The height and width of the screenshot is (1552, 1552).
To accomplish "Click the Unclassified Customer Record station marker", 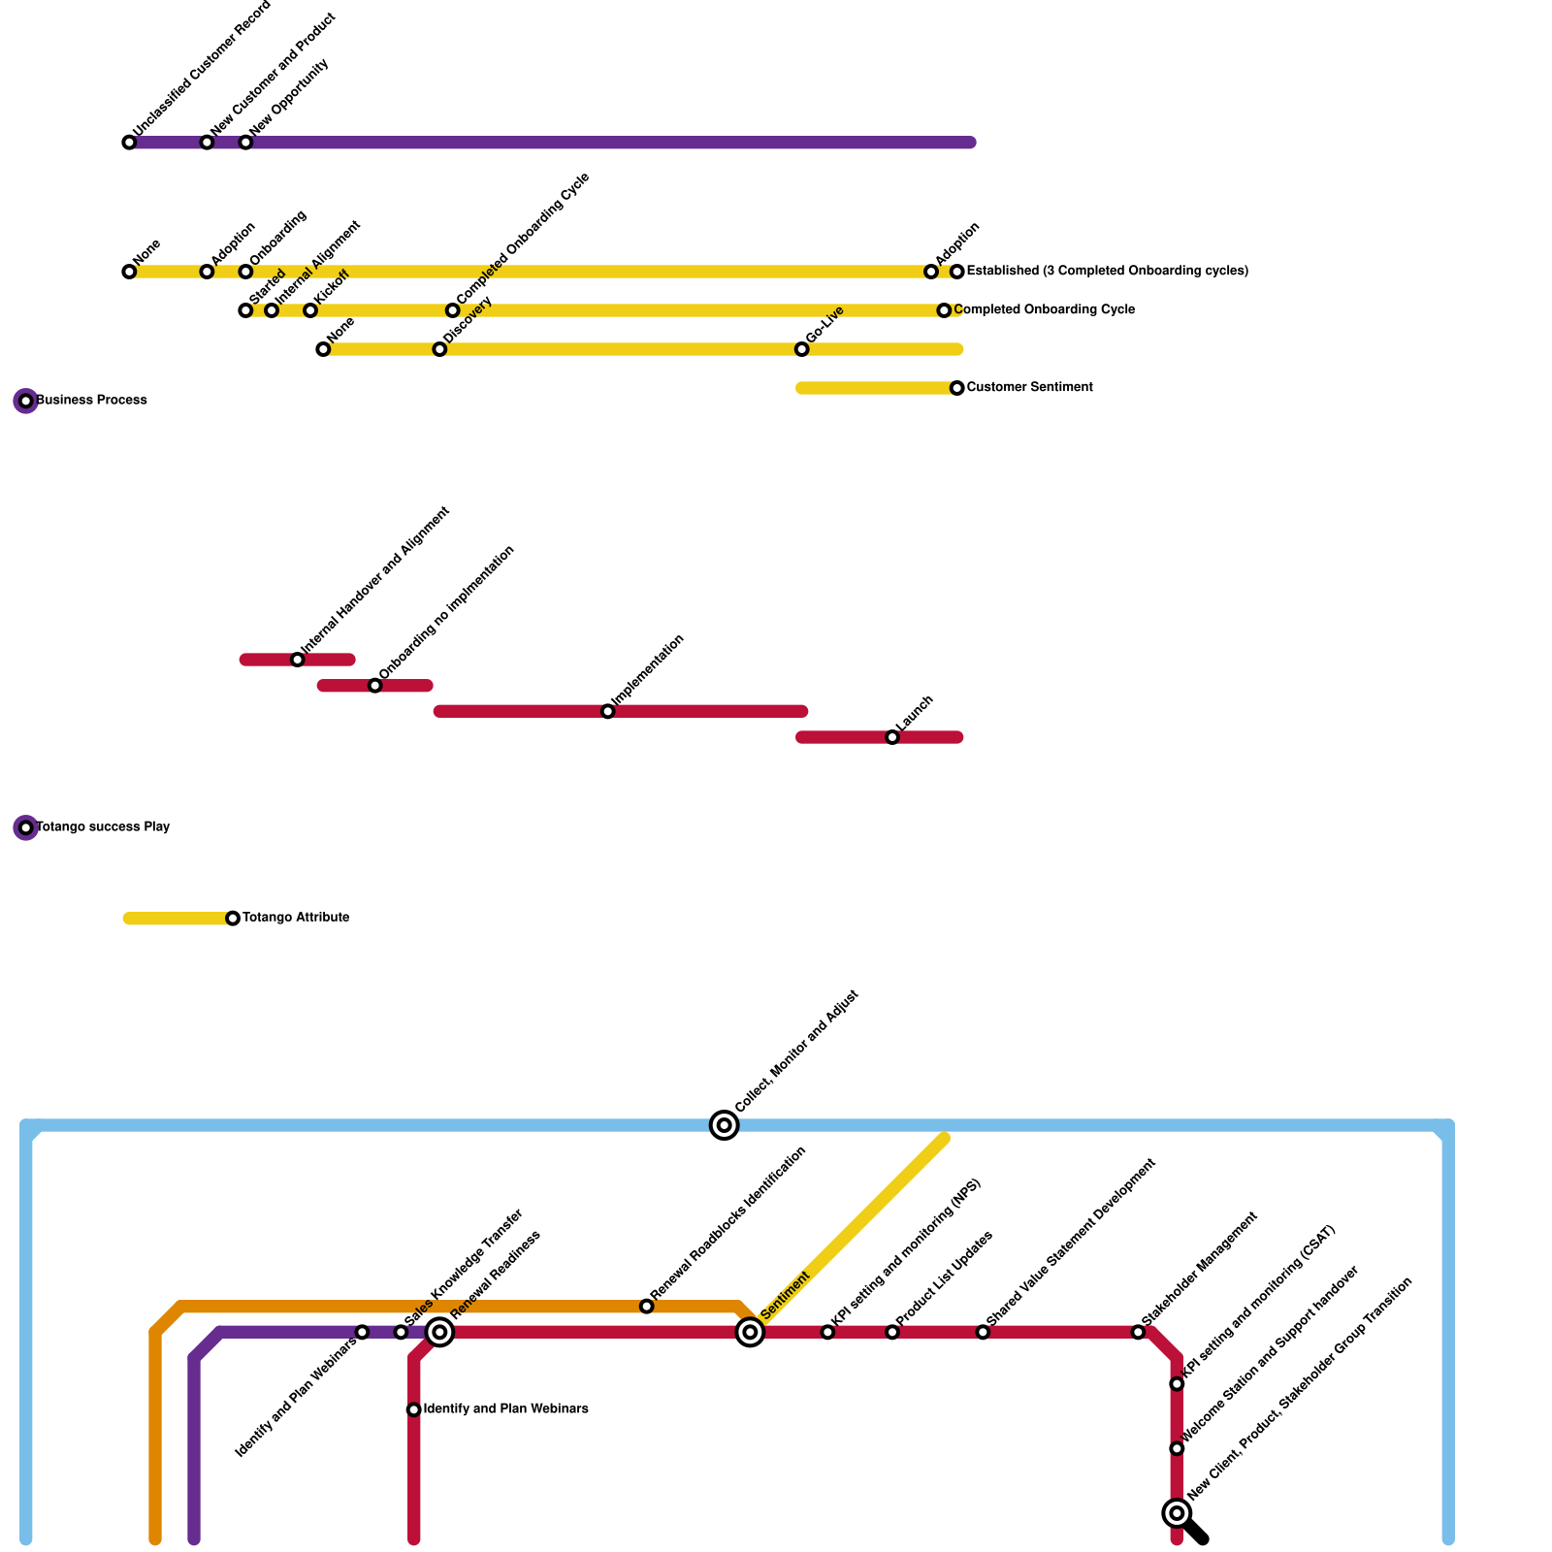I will coord(129,143).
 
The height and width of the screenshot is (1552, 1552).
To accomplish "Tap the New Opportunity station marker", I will coord(245,143).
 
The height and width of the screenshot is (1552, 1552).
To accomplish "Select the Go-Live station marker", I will coord(801,349).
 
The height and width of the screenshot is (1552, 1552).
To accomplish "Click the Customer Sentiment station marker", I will coord(957,388).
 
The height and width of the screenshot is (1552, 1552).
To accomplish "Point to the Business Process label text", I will coord(92,401).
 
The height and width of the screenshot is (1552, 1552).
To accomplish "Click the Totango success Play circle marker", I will coord(26,827).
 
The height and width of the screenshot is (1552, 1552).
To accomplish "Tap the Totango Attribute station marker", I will coord(233,918).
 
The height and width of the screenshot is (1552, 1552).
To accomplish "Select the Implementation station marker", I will coord(607,712).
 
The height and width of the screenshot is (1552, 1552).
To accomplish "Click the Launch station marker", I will coord(892,737).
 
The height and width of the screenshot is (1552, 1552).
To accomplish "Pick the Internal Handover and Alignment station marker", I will coord(298,660).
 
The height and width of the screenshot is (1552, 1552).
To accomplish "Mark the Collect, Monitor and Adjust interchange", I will coord(724,1125).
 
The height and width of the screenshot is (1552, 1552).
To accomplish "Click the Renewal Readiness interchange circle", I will coord(440,1332).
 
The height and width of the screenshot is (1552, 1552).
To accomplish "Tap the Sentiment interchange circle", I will coord(750,1332).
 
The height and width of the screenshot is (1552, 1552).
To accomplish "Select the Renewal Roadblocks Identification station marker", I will coord(647,1307).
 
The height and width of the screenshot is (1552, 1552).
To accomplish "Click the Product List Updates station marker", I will coord(892,1332).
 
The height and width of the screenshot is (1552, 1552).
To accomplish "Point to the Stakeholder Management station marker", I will coord(1138,1332).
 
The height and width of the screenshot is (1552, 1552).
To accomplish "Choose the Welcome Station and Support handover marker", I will coord(1177,1448).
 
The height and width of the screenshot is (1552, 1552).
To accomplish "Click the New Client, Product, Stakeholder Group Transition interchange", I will coord(1177,1512).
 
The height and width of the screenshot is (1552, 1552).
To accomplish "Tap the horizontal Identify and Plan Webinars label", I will coord(506,1409).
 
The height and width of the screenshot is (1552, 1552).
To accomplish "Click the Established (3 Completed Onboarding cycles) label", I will coord(1107,272).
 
